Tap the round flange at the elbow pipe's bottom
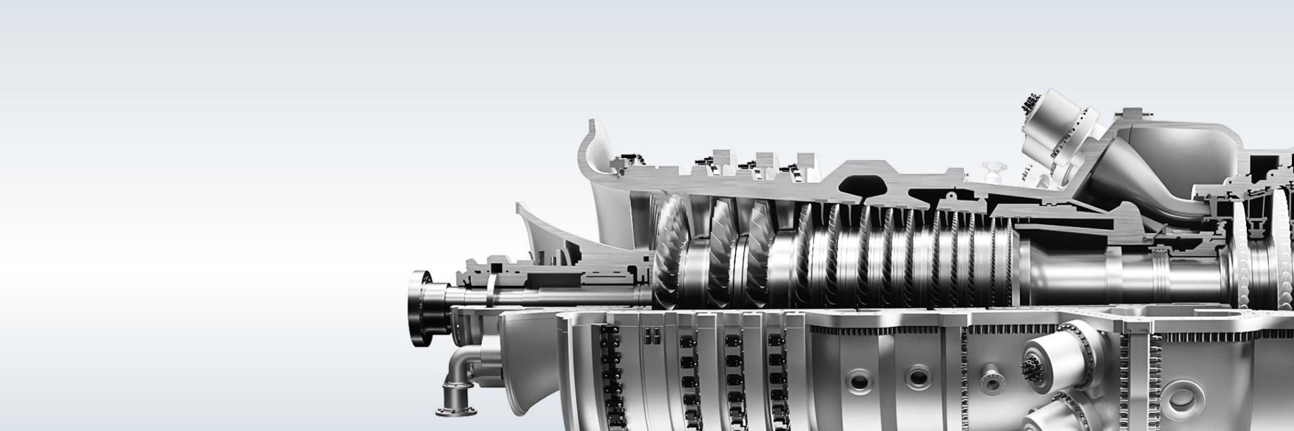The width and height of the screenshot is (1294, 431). click(451, 411)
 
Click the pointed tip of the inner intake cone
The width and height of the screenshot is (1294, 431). click(518, 206)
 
